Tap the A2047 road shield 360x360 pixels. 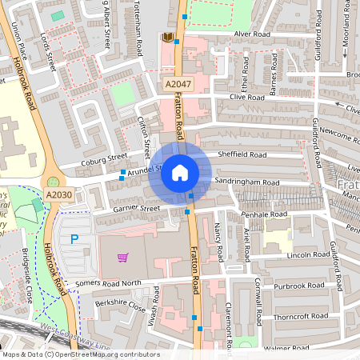coord(178,84)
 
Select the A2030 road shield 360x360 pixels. coord(58,194)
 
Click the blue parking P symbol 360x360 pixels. coord(75,238)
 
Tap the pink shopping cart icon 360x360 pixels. coord(123,257)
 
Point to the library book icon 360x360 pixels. coord(167,38)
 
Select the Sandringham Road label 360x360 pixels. coord(247,182)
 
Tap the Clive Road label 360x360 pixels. coord(246,98)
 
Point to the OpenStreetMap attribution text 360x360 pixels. coord(80,354)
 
